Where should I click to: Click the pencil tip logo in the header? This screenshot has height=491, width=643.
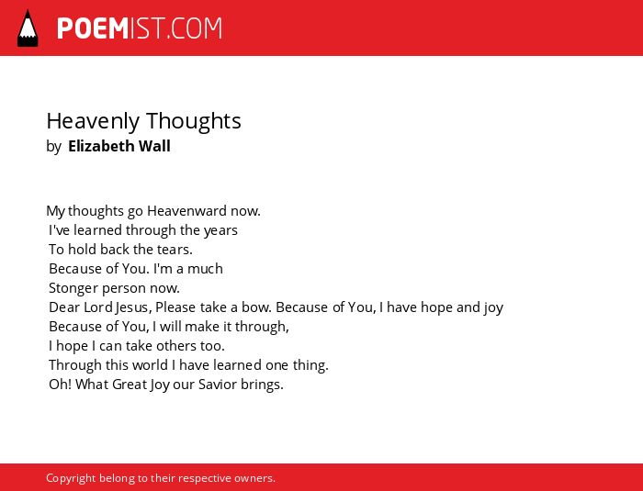pyautogui.click(x=28, y=28)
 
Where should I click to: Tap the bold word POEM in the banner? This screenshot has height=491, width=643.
pyautogui.click(x=93, y=28)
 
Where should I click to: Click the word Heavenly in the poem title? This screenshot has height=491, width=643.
pyautogui.click(x=93, y=122)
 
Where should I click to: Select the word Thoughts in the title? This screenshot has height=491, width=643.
pyautogui.click(x=194, y=121)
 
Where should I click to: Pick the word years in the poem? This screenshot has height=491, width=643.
pyautogui.click(x=220, y=231)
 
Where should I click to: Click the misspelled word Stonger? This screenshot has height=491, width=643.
pyautogui.click(x=73, y=288)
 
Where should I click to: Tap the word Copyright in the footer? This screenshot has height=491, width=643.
pyautogui.click(x=71, y=478)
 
